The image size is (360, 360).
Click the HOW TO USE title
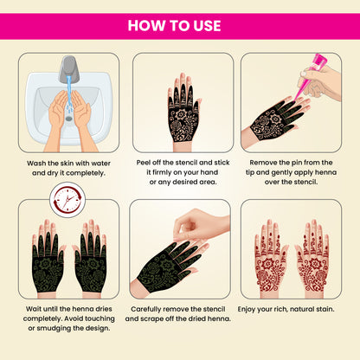coord(180,23)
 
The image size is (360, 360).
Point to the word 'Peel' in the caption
coord(145,161)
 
